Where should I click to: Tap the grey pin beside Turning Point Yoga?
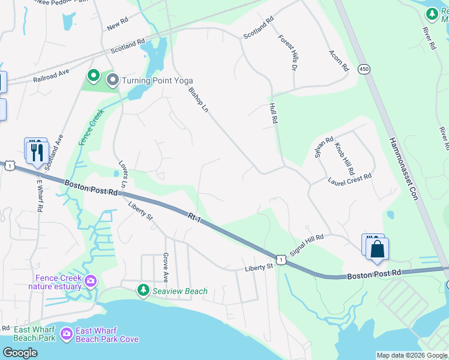[113, 79]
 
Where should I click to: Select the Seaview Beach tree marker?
[143, 291]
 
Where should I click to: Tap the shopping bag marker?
[377, 248]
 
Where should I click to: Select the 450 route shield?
[363, 69]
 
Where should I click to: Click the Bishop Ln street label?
[197, 103]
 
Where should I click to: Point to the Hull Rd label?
[273, 113]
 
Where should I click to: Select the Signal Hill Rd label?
[306, 245]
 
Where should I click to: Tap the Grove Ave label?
[166, 267]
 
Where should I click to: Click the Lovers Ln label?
[123, 175]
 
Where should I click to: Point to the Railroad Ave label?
[52, 75]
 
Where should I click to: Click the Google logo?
[20, 353]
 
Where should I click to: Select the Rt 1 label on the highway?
[193, 217]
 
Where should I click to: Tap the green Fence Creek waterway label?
[92, 127]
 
